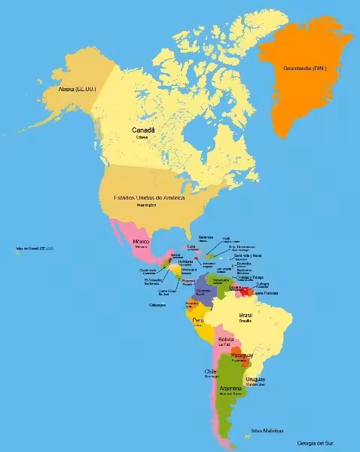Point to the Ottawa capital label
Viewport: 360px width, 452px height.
pyautogui.click(x=142, y=138)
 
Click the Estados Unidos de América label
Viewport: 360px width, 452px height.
pyautogui.click(x=148, y=197)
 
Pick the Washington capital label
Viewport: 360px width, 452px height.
pyautogui.click(x=146, y=205)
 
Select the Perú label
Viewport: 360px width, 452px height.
pyautogui.click(x=198, y=319)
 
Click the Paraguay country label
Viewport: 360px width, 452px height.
pyautogui.click(x=242, y=354)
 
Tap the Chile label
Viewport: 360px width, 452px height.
pyautogui.click(x=211, y=371)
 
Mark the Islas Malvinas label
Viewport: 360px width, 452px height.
pyautogui.click(x=267, y=430)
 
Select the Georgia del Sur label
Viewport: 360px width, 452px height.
pyautogui.click(x=315, y=442)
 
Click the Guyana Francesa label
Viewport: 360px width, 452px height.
pyautogui.click(x=264, y=292)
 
